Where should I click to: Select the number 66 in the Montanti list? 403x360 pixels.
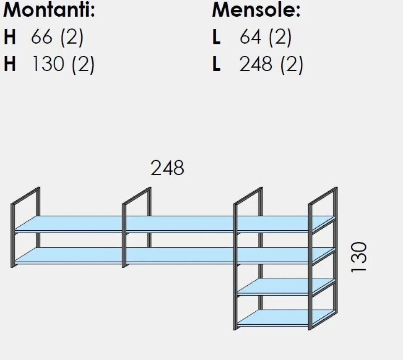[42, 37]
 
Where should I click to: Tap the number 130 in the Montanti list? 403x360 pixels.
[48, 64]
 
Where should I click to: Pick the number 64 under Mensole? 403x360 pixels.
[251, 37]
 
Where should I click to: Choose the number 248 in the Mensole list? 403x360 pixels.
[256, 64]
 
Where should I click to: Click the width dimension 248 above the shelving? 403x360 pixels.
[167, 168]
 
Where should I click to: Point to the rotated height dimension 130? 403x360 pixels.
[359, 256]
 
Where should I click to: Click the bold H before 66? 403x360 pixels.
[10, 37]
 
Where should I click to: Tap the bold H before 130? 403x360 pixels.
[10, 64]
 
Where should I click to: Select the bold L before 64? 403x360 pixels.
[216, 37]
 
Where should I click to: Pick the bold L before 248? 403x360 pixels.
[216, 64]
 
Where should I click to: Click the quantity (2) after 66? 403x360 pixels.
[72, 37]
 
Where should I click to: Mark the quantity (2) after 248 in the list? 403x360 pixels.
[292, 64]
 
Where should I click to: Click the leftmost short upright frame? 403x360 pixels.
[12, 235]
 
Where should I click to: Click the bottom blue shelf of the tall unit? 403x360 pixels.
[286, 317]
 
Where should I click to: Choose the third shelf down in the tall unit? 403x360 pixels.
[286, 286]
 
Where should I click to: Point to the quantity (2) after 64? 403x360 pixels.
[280, 37]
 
